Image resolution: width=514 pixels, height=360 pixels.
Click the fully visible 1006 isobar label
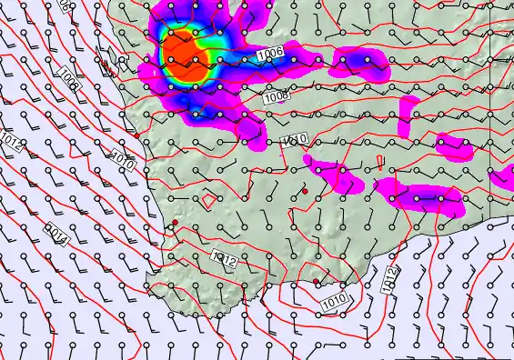270,55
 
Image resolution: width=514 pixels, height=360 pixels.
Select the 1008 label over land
277,95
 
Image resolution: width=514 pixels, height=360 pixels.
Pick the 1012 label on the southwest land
224,260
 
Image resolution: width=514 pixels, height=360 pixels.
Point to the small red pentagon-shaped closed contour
209,200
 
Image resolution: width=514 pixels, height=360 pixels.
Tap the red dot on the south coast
317,282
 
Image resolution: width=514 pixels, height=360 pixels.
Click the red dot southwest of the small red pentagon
175,222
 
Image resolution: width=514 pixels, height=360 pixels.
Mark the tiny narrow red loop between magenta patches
379,163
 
